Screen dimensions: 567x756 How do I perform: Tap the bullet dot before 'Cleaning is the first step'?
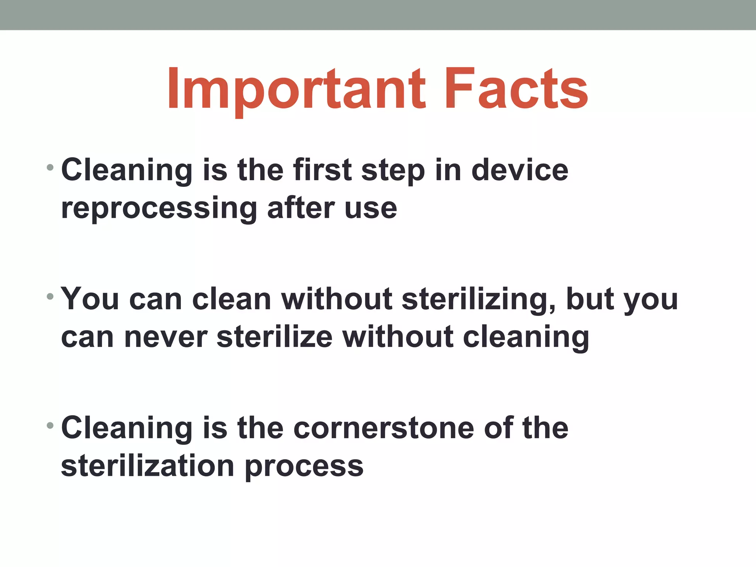tap(50, 168)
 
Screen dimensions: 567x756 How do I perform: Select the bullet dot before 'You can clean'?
tap(50, 297)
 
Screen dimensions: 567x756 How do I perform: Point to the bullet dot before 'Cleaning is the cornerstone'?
tap(50, 426)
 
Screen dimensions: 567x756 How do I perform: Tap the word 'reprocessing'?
tap(159, 209)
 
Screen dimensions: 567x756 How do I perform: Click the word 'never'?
tap(166, 337)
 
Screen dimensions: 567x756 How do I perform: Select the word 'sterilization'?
tap(148, 466)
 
